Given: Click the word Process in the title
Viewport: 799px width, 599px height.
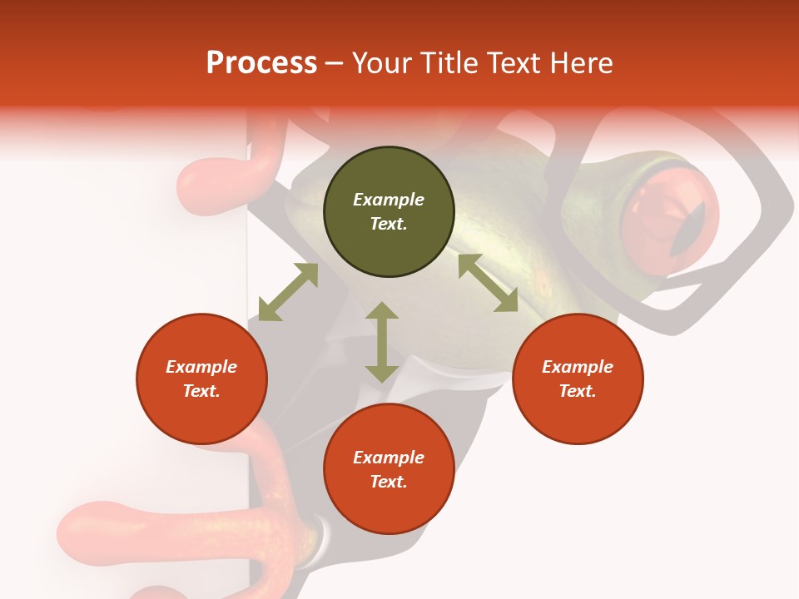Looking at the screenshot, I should coord(261,63).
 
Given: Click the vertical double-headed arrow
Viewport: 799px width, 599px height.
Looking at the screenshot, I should coord(382,342).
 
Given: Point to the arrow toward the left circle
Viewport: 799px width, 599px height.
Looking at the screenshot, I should coord(288,292).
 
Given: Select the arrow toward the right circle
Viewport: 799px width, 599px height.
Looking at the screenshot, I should coord(488,283).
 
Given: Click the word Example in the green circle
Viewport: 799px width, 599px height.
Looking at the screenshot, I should coord(389,200).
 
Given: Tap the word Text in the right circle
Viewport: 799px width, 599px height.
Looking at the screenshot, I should coord(577,391).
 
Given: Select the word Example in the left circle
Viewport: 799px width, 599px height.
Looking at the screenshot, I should coord(201,367).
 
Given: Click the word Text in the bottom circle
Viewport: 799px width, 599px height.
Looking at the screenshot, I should coord(389,482).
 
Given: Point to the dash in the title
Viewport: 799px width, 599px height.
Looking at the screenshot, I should coord(334,64).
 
